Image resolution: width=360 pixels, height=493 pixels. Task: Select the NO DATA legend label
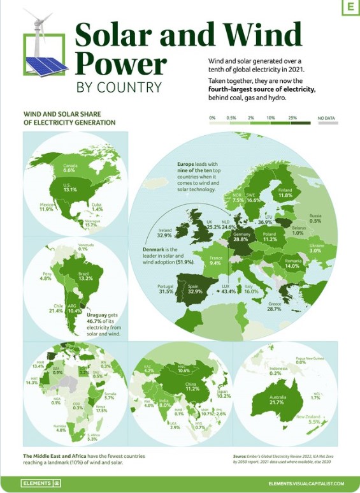(326, 119)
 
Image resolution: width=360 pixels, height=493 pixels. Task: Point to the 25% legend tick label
(292, 119)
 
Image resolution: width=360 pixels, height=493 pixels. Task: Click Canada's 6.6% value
(70, 171)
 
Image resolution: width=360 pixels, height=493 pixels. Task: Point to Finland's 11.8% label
(285, 195)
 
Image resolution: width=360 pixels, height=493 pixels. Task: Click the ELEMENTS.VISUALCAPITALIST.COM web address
(305, 484)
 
